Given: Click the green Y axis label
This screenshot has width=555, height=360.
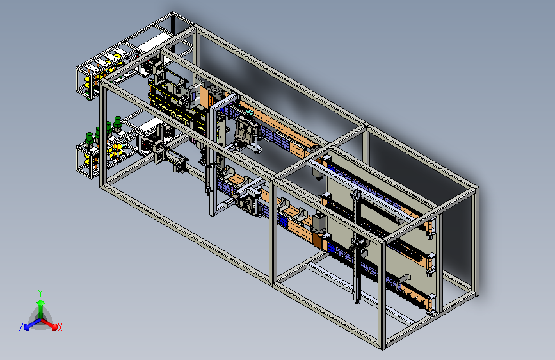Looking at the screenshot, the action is (40, 293).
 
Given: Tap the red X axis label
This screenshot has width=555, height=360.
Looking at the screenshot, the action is (60, 328).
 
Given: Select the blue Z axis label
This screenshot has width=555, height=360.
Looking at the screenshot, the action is (21, 327).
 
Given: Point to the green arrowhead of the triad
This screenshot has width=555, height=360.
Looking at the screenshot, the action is (41, 302).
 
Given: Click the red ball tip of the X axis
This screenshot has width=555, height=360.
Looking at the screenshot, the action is (54, 327).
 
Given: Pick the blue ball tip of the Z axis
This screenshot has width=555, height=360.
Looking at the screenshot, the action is (28, 327).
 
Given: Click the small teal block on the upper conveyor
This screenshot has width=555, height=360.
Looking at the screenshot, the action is (250, 112).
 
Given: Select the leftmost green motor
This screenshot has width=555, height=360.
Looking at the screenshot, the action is (90, 139).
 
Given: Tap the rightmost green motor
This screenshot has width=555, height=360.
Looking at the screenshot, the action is (118, 122).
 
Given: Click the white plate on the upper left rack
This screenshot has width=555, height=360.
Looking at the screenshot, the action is (153, 42).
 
